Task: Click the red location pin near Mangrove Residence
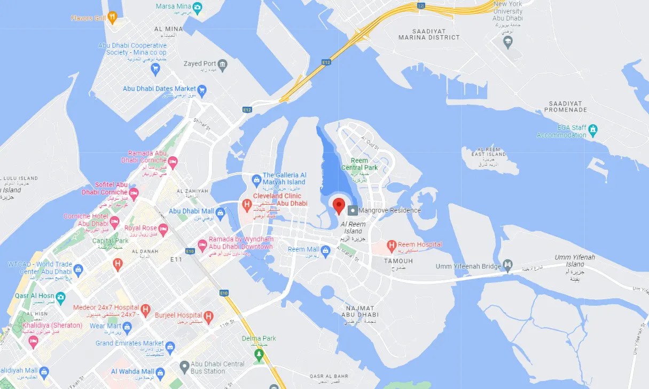pos(339,205)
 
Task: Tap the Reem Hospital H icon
pos(392,246)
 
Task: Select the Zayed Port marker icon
pos(223,65)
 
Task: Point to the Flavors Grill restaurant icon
pos(112,18)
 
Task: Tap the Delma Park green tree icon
pos(259,354)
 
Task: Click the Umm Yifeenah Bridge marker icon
pos(507,265)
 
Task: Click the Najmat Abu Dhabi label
pos(361,312)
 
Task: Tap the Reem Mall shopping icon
pos(325,250)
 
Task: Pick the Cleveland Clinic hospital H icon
pos(247,204)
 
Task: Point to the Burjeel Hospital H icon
pos(208,316)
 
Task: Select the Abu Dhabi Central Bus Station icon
pos(184,367)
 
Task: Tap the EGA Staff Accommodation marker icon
pos(593,130)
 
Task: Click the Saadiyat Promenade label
pos(565,107)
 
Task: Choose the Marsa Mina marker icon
pos(197,7)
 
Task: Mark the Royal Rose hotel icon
pos(163,229)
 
